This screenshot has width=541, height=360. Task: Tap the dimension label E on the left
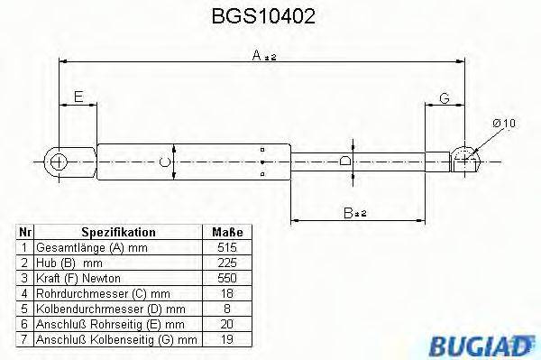(79, 96)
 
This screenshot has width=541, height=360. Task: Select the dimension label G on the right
(445, 97)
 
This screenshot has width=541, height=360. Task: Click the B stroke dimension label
(353, 213)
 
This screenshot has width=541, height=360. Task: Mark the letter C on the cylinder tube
(163, 162)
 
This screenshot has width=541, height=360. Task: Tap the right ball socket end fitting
(465, 160)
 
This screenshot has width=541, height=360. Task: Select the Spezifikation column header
(118, 232)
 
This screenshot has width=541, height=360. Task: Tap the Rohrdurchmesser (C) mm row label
(96, 293)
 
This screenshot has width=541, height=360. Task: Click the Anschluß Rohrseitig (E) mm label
(111, 324)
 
